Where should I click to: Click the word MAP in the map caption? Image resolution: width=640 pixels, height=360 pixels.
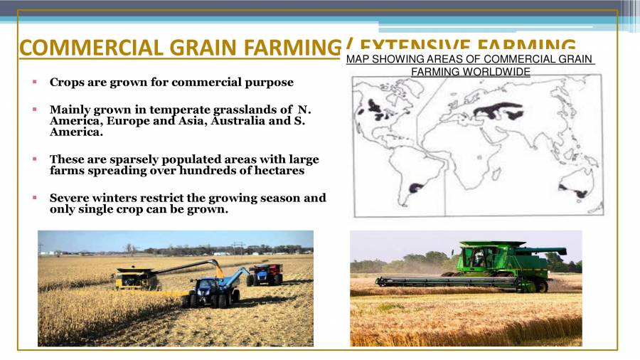point(357,59)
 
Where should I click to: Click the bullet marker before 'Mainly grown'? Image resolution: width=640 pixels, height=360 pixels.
point(34,110)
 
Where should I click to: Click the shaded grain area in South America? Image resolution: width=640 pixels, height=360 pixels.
point(415,189)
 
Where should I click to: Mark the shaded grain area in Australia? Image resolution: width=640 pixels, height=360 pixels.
point(581,192)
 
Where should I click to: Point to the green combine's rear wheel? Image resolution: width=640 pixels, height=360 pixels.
point(541,285)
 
